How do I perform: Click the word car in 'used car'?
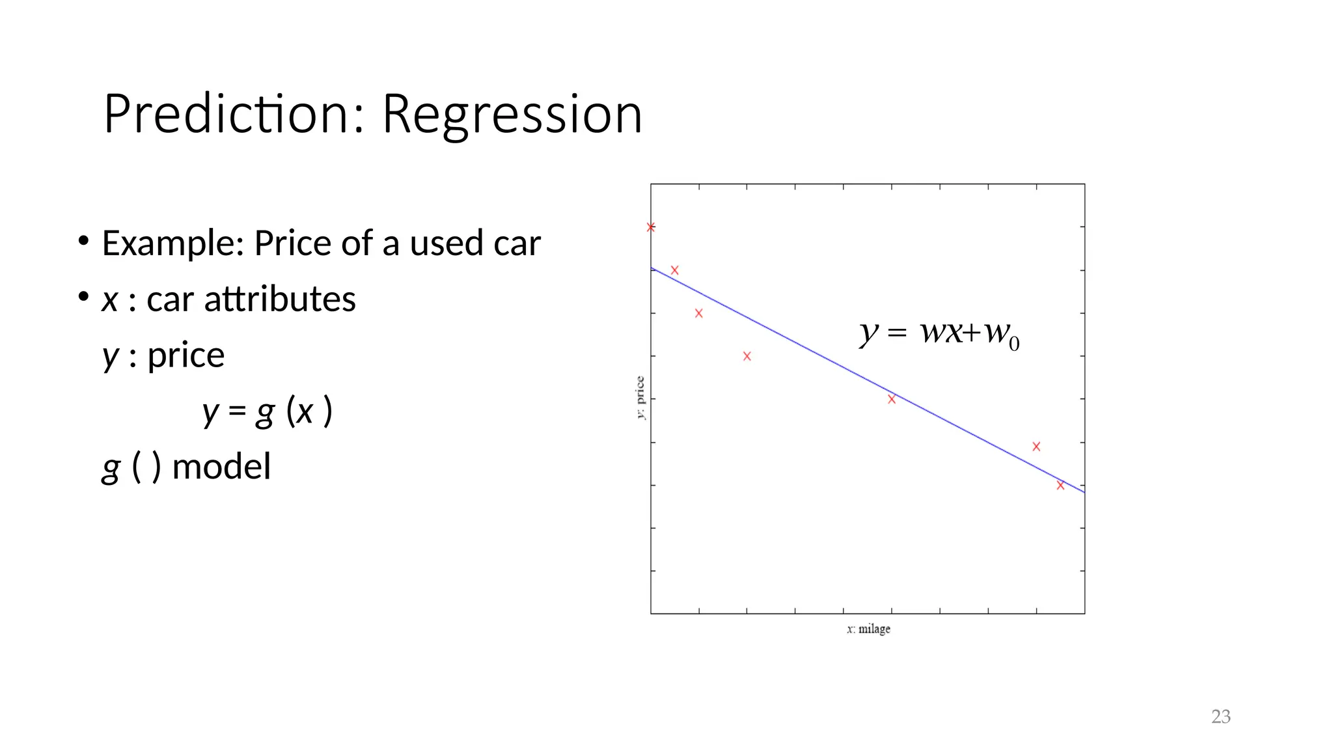pos(517,243)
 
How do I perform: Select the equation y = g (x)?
pos(267,411)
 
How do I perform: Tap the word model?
pos(221,467)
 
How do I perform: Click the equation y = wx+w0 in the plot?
pos(939,333)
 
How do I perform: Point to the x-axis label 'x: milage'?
pos(868,629)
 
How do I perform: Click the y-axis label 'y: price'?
pos(640,398)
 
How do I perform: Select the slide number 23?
pos(1220,717)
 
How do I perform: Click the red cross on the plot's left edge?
pos(651,227)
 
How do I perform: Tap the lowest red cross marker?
pos(1060,485)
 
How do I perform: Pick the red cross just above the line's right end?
pos(1036,447)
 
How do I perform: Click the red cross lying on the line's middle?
pos(892,399)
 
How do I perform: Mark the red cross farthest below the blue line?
pos(747,356)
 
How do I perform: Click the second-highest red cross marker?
pos(675,270)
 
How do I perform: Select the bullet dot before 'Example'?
pos(83,242)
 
